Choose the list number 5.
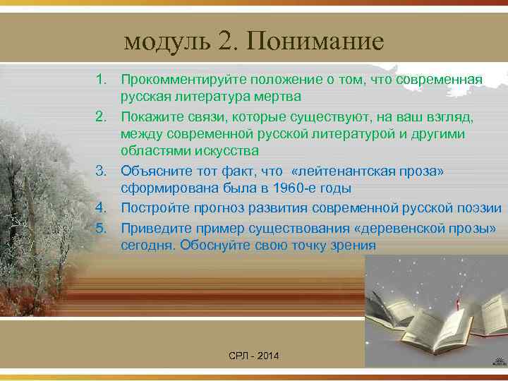click(x=102, y=228)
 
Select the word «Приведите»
click(x=154, y=228)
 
